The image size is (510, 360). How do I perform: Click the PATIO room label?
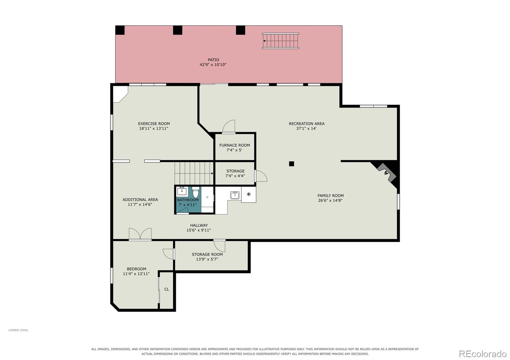pos(213,60)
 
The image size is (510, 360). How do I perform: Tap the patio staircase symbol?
pos(280,41)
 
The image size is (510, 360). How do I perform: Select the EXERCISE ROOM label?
pos(154,124)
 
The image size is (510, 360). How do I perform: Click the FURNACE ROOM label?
pos(235,145)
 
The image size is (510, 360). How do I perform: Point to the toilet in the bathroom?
pos(196,192)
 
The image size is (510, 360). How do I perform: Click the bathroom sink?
pos(182,191)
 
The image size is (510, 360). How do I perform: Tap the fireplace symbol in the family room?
pos(387,173)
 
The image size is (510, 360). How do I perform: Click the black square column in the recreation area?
pos(291,164)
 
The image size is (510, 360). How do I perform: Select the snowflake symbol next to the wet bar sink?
pos(249,194)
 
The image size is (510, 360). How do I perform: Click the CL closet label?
pos(167,289)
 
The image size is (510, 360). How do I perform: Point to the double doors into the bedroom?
pos(140,234)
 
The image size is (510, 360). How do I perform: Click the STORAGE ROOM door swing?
pos(220,246)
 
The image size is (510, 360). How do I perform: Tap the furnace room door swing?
pos(229,126)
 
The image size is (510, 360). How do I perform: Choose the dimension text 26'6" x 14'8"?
pos(330,200)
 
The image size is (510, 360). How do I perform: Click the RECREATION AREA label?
pos(307,124)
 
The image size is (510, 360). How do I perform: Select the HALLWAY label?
pos(199,225)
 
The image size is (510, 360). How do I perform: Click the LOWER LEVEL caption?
pos(18,330)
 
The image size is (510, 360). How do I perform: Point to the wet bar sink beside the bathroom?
pos(235,195)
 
